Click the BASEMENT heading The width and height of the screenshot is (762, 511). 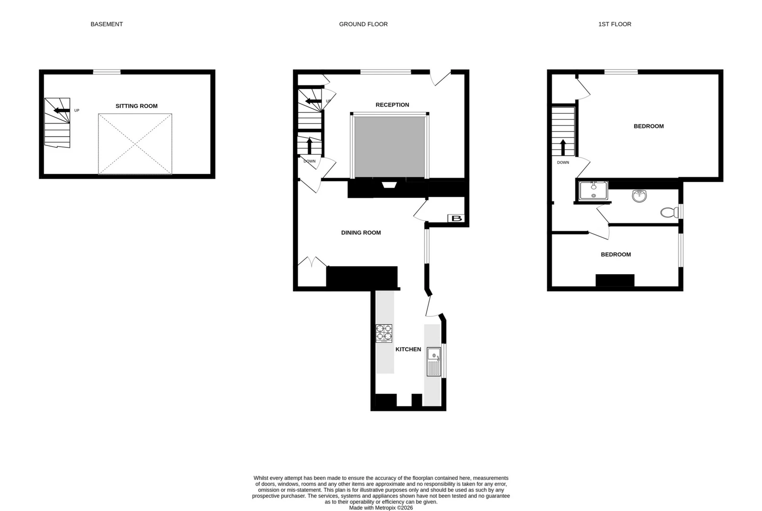point(106,24)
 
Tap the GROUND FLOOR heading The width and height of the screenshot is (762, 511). point(363,24)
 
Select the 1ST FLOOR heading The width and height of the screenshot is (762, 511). point(614,24)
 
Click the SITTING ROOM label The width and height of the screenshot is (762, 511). point(137,106)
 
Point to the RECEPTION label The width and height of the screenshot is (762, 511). point(392,105)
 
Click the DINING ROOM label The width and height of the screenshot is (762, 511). point(361,233)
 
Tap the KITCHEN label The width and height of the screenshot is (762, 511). point(408,349)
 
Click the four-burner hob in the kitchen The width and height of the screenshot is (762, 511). point(384,333)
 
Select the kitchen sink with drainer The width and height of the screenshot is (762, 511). point(434,362)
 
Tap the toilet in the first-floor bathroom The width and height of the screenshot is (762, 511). point(670,213)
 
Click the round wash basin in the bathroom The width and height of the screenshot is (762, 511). point(639,195)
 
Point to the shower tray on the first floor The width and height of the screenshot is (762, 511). point(593,191)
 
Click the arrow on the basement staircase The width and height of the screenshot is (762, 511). point(62,110)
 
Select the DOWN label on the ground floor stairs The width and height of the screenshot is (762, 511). point(310,161)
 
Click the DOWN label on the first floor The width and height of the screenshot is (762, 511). point(563,163)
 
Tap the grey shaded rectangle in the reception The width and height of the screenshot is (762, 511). point(390,147)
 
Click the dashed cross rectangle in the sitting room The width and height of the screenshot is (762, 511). point(135,144)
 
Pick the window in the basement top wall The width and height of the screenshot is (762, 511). point(107,72)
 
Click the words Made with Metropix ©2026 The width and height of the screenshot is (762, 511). point(381,508)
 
